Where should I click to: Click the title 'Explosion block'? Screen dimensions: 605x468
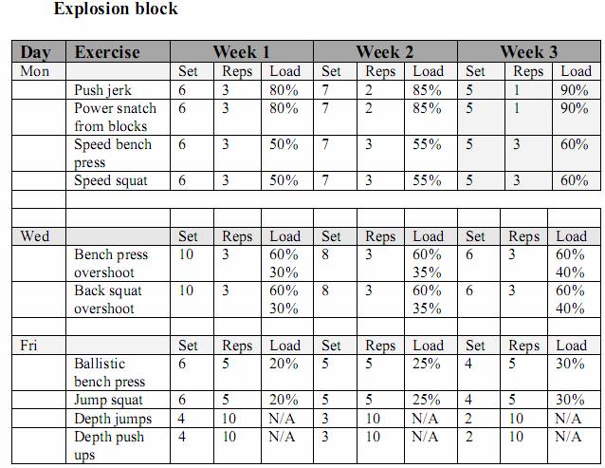point(116,9)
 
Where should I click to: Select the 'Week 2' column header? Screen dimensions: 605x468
point(384,52)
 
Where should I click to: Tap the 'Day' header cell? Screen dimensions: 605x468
point(35,52)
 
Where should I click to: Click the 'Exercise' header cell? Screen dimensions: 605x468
point(107,52)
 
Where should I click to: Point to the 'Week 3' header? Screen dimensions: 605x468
point(528,52)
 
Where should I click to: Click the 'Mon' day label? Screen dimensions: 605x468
point(34,71)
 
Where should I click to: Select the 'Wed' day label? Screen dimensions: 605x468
point(35,236)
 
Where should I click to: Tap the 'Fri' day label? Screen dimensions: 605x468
point(28,346)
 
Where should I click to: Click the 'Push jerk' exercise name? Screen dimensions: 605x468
point(102,90)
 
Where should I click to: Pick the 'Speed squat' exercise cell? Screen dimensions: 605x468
point(111,180)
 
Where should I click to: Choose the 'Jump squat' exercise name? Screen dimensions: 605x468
point(108,400)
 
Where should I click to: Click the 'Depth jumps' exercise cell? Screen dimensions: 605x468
point(113,419)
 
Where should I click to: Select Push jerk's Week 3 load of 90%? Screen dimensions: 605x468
point(575,90)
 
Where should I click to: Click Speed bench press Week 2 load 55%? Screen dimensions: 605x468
point(427,144)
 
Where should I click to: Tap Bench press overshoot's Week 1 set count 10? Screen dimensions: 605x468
point(186,254)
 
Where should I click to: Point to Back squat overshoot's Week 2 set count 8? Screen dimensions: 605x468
point(325,290)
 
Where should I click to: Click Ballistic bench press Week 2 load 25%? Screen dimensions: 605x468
point(427,364)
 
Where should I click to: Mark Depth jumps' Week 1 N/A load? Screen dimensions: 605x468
point(282,419)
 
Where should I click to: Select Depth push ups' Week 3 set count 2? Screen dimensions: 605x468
point(468,437)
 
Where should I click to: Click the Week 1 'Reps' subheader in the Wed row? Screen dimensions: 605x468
point(237,236)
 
